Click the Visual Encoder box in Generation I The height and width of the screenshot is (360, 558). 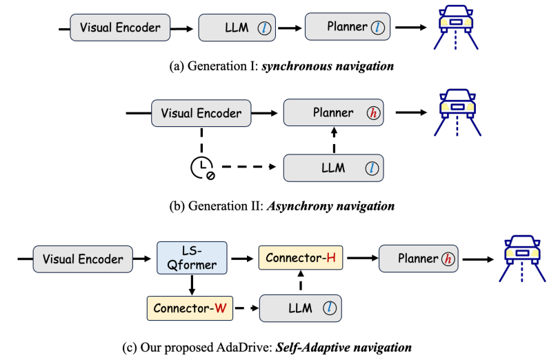120,28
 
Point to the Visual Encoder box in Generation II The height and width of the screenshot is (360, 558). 201,113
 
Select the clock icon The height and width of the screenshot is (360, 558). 202,168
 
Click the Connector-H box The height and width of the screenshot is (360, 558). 301,259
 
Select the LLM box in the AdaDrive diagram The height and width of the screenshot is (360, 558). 301,308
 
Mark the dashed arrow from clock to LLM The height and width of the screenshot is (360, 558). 248,168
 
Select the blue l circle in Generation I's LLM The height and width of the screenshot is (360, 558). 264,28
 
